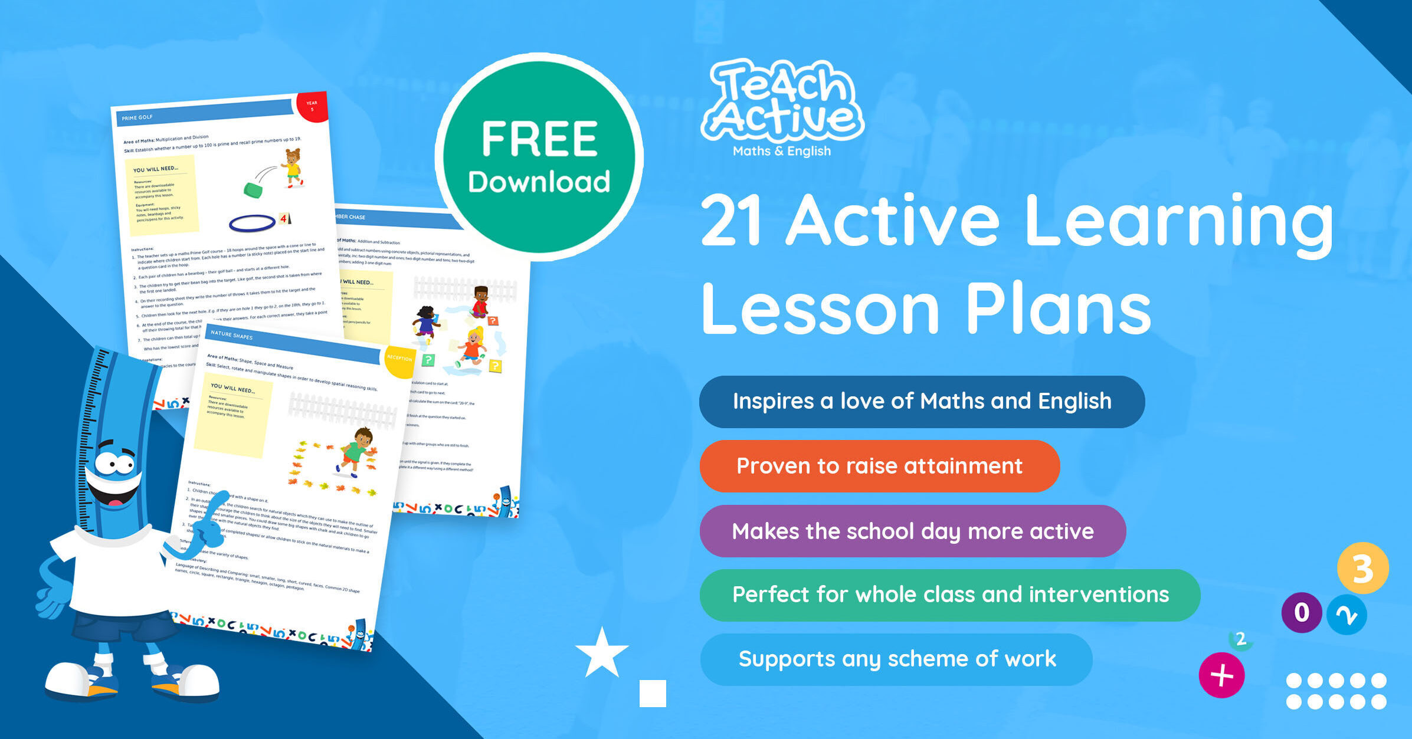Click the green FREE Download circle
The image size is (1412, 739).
click(539, 157)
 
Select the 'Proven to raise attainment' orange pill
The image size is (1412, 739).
click(879, 466)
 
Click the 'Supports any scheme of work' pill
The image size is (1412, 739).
click(896, 659)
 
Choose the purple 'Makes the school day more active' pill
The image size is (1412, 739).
click(912, 531)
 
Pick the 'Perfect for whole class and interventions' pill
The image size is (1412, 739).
click(949, 595)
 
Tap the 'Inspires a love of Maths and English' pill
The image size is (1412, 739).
click(921, 402)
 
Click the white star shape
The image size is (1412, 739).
click(602, 653)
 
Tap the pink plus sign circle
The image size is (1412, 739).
click(1221, 675)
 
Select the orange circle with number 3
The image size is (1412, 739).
click(1362, 569)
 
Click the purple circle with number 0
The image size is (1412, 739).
click(1301, 613)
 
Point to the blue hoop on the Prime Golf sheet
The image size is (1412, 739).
click(252, 224)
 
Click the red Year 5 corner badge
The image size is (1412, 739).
click(313, 106)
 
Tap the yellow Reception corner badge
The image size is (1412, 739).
click(399, 360)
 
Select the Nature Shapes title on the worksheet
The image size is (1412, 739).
click(231, 336)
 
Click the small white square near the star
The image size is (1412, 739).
click(653, 694)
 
